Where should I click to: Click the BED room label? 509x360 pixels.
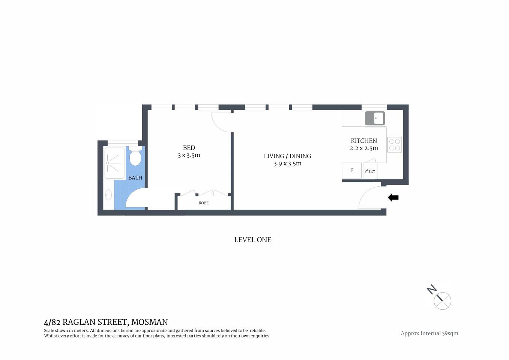click(x=189, y=148)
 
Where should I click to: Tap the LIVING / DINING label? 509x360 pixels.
click(x=287, y=156)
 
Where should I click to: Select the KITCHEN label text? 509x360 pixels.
click(x=363, y=141)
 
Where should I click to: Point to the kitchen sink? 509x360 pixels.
click(x=375, y=118)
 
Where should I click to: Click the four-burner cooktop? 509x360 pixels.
click(x=395, y=145)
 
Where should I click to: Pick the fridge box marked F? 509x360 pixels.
click(x=351, y=171)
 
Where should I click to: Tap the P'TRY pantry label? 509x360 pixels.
click(x=370, y=171)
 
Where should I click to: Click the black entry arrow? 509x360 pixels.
click(x=393, y=197)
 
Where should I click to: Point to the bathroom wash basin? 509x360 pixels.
click(x=108, y=195)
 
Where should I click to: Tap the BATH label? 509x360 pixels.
click(x=135, y=178)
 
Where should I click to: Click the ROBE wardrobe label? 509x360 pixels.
click(x=204, y=203)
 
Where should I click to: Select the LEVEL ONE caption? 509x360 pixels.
click(x=252, y=240)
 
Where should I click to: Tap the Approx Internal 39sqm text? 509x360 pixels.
click(x=429, y=333)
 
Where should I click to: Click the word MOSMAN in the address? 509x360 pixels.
click(x=149, y=322)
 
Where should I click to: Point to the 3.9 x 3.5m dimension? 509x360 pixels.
click(x=287, y=163)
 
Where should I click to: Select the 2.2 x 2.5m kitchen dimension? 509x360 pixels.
click(x=363, y=148)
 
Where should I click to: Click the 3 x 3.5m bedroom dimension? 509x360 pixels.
click(x=189, y=155)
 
